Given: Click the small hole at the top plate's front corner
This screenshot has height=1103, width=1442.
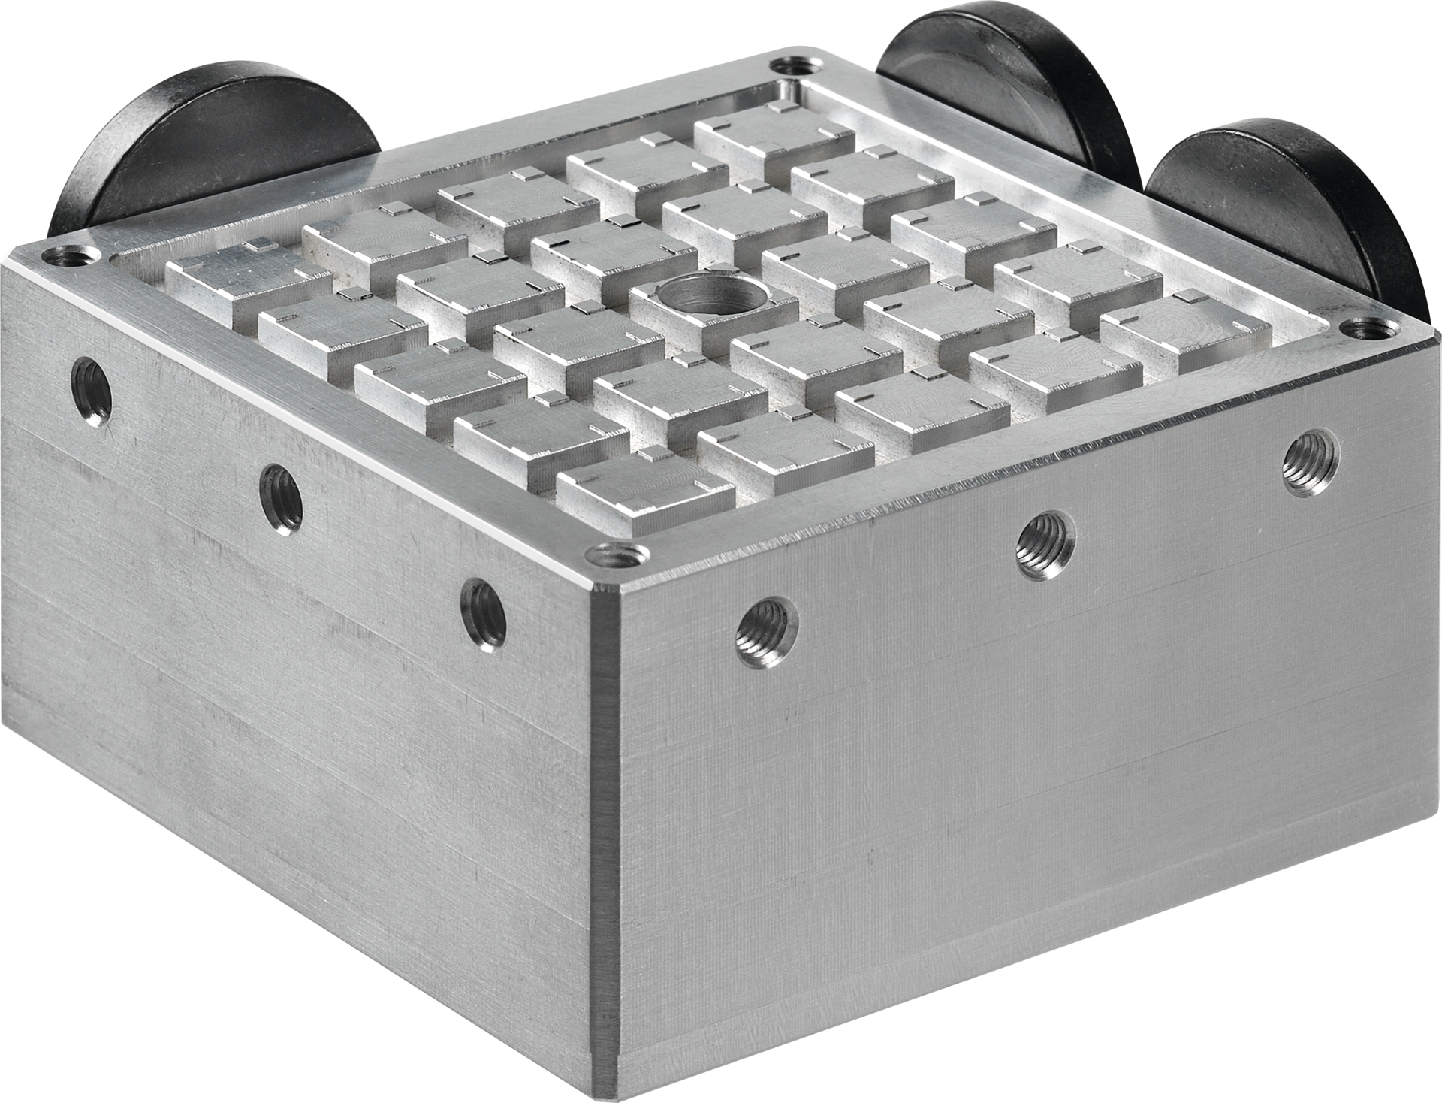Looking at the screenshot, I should [x=617, y=558].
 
